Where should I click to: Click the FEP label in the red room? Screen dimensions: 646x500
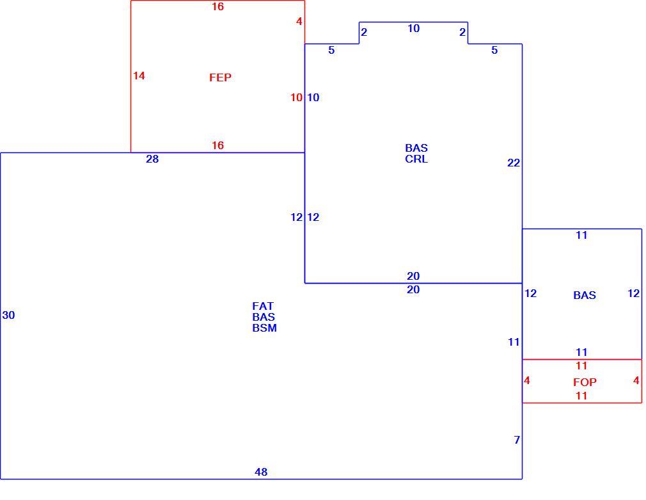pos(220,77)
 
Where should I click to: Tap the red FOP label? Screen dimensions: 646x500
pos(585,382)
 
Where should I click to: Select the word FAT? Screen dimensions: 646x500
pos(263,306)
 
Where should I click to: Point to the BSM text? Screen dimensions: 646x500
pos(265,328)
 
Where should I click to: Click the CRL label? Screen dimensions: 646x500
pos(416,159)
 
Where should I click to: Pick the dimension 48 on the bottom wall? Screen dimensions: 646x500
pos(261,472)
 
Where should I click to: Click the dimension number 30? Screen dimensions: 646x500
pos(9,315)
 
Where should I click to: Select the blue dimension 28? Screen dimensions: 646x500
pos(152,159)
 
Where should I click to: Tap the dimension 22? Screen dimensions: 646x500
pos(514,163)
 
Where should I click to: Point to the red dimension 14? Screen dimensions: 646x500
pos(139,76)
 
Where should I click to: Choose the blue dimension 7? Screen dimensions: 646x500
pos(517,440)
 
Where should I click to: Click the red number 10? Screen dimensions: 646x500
pos(296,97)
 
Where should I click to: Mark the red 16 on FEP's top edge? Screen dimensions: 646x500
pos(217,6)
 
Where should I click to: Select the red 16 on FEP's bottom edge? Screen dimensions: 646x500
pos(217,145)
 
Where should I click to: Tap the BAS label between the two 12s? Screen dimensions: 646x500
pos(585,295)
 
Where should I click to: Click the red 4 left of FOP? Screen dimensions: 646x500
pos(527,380)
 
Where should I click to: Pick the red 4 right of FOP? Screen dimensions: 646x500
pos(636,380)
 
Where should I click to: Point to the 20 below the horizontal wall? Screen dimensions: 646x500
pos(413,289)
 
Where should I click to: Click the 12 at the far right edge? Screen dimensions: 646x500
pos(633,293)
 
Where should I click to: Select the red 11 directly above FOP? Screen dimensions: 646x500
pos(581,366)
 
